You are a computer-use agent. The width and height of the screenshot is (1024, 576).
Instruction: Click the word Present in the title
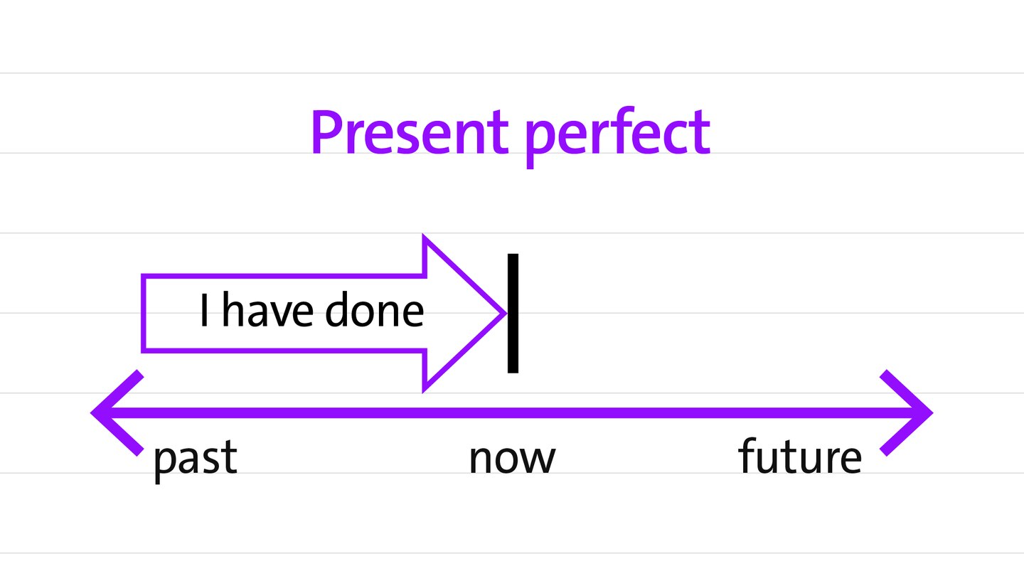(410, 132)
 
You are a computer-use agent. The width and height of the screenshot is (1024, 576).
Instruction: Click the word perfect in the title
(618, 137)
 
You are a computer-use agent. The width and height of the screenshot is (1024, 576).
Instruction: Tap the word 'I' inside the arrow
(204, 310)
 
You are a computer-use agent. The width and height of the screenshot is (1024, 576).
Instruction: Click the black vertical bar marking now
(513, 313)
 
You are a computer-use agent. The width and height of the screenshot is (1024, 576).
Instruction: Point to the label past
(196, 459)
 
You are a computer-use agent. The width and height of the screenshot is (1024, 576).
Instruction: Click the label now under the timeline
(513, 458)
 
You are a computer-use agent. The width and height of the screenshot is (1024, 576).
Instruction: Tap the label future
(800, 455)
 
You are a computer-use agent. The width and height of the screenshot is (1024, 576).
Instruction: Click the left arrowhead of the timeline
(117, 412)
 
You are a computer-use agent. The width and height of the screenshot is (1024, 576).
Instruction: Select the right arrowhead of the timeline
(907, 412)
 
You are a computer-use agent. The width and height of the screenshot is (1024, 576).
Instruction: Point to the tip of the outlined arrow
(506, 313)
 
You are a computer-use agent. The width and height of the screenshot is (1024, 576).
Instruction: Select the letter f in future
(747, 455)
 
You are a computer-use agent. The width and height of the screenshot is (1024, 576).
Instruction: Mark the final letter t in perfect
(700, 132)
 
